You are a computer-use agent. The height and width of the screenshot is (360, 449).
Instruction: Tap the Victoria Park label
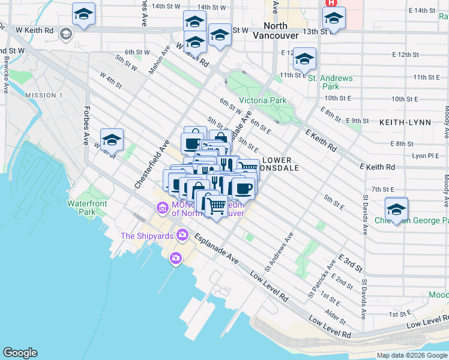click(263, 100)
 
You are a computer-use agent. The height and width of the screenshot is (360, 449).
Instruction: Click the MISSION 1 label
click(43, 95)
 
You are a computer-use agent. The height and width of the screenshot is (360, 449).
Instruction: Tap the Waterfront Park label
click(87, 208)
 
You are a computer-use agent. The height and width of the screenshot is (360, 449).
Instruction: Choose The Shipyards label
click(146, 235)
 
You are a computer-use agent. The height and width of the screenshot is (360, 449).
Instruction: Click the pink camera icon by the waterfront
click(175, 259)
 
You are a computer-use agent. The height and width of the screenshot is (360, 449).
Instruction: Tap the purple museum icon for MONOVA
click(161, 208)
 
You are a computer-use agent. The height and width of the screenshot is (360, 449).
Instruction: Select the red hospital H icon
click(331, 3)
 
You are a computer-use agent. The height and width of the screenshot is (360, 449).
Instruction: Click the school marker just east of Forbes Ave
click(112, 140)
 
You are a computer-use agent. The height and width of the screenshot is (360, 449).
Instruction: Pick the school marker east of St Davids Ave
click(396, 209)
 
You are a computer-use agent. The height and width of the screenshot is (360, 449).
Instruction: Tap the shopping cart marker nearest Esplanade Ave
click(217, 206)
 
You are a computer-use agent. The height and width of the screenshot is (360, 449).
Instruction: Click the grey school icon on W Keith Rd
click(65, 34)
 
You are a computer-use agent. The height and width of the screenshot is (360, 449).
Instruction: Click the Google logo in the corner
click(20, 353)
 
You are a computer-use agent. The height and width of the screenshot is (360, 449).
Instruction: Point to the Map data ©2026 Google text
click(412, 355)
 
